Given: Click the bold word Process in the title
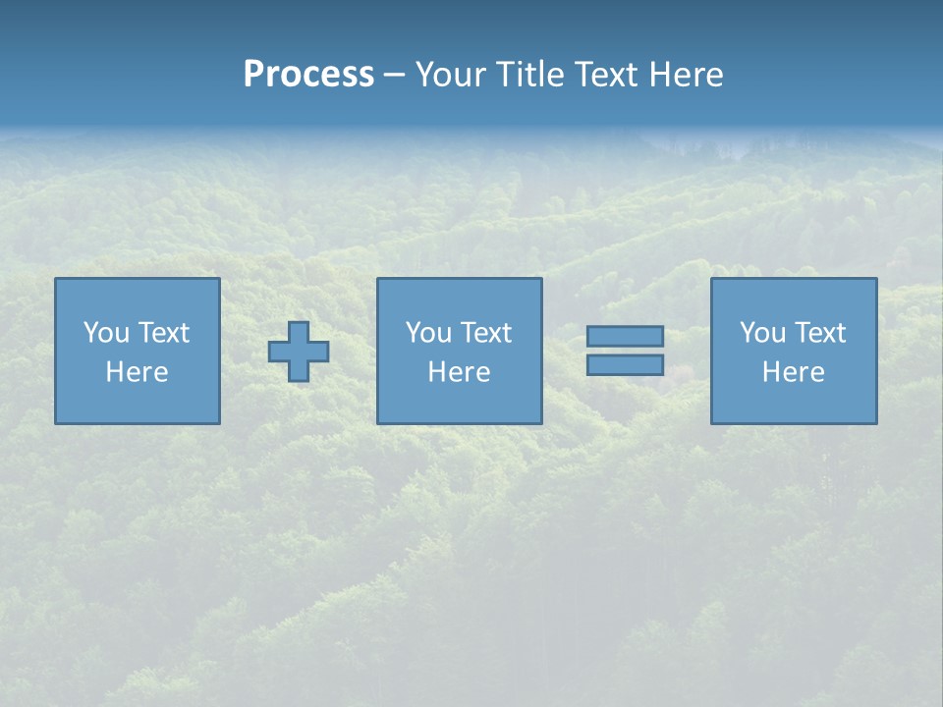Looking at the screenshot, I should (308, 75).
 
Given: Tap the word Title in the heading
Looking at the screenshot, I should (527, 75).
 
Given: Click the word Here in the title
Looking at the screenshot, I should (688, 75).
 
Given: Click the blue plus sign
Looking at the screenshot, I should (299, 352).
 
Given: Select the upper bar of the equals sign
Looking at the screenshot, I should (625, 336).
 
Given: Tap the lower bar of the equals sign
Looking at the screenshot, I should (625, 364).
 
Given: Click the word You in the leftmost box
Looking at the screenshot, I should (106, 333).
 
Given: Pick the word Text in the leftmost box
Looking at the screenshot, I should (163, 333).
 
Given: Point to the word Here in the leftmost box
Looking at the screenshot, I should (137, 372).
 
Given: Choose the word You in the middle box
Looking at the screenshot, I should (428, 333).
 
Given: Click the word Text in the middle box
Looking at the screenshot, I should (485, 333).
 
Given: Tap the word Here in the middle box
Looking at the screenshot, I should (459, 372).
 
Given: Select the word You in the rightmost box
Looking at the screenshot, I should (762, 333).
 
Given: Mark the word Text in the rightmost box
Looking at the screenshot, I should (819, 333).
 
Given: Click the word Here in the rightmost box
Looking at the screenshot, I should (793, 372).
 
